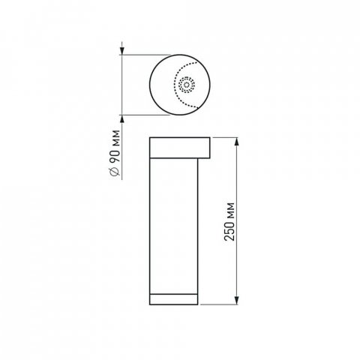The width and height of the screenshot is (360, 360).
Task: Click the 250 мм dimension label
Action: click(x=230, y=221)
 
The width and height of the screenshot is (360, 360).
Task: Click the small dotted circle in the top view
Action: click(x=185, y=85)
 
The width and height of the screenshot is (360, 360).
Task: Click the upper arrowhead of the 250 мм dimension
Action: click(x=238, y=142)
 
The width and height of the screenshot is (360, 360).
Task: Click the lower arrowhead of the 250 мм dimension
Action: click(x=238, y=301)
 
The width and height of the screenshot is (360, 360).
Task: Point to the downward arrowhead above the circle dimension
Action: click(x=122, y=52)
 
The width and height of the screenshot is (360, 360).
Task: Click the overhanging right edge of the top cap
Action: click(x=211, y=147)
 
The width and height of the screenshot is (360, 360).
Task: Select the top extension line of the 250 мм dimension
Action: click(x=225, y=137)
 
